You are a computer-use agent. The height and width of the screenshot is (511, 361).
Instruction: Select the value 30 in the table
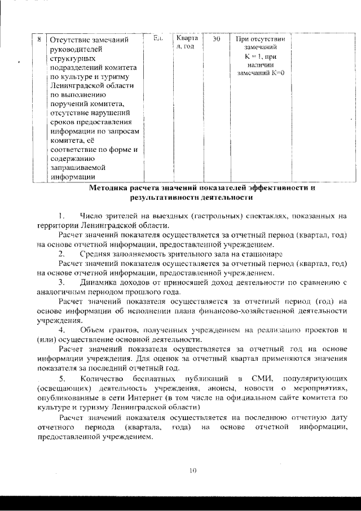pos(216,40)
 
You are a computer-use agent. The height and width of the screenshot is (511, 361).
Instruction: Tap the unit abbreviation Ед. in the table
pos(159,38)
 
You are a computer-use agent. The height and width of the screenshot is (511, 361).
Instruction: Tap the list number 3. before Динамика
pos(63,282)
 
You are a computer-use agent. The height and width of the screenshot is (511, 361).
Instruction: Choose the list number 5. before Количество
pos(63,377)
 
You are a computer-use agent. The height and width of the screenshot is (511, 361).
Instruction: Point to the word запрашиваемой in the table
pos(76,168)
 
